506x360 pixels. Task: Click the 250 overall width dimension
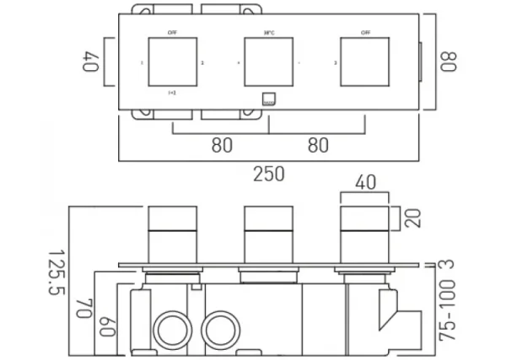268,175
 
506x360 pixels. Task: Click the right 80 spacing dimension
317,145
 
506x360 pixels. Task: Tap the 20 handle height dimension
412,218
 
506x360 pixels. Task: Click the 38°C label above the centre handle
268,32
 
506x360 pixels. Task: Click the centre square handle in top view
268,63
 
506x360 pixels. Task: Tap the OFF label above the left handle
172,32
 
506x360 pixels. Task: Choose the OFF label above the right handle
365,32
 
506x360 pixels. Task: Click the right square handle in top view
365,63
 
